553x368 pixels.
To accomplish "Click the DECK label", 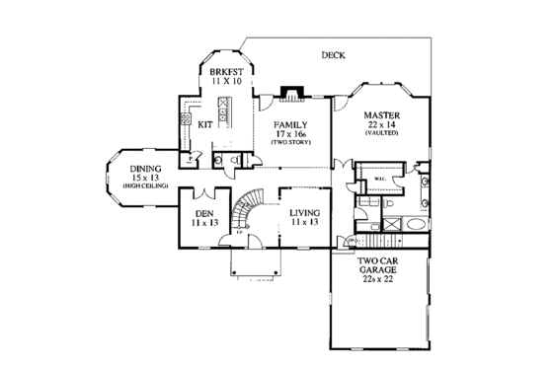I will pos(333,55).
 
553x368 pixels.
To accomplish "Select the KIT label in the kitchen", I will pos(205,124).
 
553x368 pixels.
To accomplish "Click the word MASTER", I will pos(380,113).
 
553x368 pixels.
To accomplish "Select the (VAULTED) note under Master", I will pos(380,133).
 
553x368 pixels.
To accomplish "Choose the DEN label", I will pos(204,213).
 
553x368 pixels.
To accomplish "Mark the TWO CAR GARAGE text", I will pos(379,265).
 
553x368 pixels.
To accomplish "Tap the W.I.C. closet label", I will pos(381,180).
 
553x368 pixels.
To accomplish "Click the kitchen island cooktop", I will pos(225,115).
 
